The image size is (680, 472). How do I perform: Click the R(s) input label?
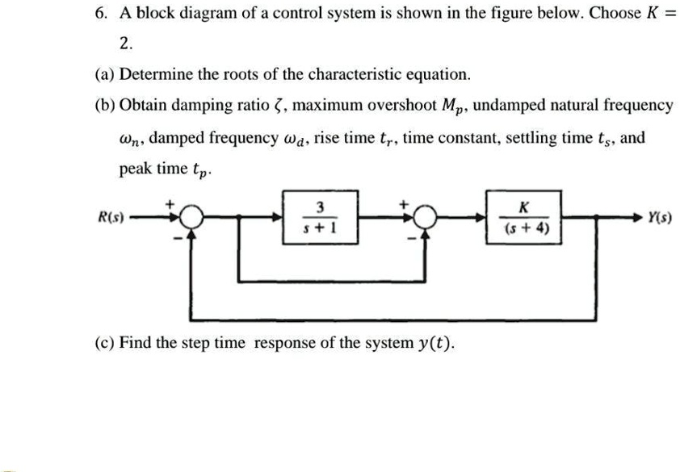[108, 218]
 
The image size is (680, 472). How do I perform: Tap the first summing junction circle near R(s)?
[191, 218]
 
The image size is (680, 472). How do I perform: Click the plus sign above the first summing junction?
[172, 205]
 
